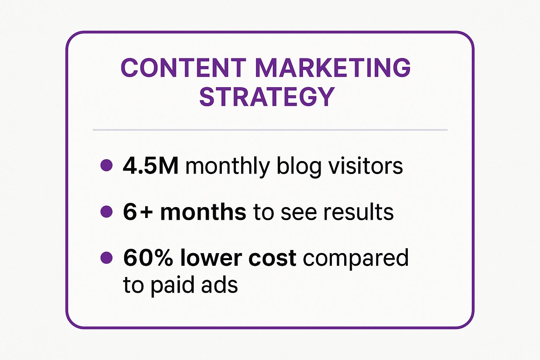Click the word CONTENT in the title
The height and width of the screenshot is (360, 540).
click(184, 67)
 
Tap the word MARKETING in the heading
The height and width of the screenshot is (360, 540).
click(333, 67)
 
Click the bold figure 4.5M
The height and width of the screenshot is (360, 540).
click(151, 166)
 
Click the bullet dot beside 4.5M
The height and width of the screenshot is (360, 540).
click(106, 166)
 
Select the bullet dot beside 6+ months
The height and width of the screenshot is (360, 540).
click(106, 212)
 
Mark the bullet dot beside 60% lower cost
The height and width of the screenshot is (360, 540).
click(106, 258)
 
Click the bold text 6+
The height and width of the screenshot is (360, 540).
click(138, 212)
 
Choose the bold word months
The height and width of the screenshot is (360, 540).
click(203, 211)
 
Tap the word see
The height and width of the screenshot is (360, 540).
click(299, 214)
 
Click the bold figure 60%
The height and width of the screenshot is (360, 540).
click(148, 258)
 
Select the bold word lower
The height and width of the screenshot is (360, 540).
click(211, 257)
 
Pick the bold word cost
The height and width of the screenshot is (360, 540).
click(272, 258)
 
